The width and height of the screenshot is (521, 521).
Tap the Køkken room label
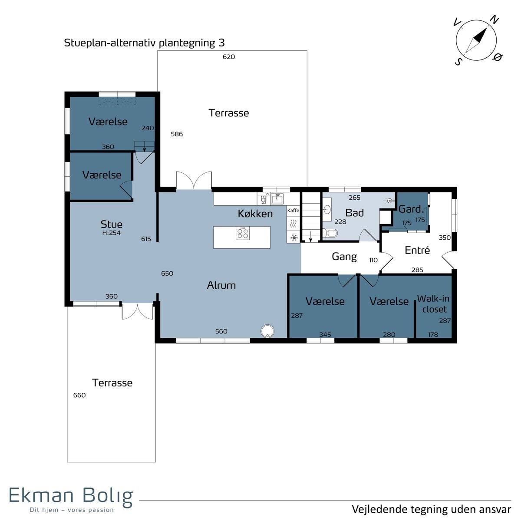coord(255,214)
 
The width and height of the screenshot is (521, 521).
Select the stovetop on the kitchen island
coord(243,233)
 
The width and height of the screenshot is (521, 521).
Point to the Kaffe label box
coord(293,210)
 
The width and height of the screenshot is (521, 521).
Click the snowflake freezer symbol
coord(293,237)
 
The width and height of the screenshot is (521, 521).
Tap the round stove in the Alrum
coord(267,331)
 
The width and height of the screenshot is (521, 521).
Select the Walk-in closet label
coord(433,304)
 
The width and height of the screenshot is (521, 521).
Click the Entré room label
coord(417,251)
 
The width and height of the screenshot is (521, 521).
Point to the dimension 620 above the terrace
coord(229,57)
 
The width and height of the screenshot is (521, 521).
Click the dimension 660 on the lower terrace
coord(79,395)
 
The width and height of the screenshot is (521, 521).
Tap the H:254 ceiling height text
coord(112,233)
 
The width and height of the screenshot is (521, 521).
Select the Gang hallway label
coord(344,257)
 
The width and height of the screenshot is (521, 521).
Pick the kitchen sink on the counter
coord(277,199)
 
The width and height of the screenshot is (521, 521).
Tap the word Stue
coord(112,224)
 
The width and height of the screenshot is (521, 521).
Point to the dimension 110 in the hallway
coord(373,260)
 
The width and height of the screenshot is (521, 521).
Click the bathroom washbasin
coord(327,209)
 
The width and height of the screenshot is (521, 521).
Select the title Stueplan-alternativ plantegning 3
coord(145,43)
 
